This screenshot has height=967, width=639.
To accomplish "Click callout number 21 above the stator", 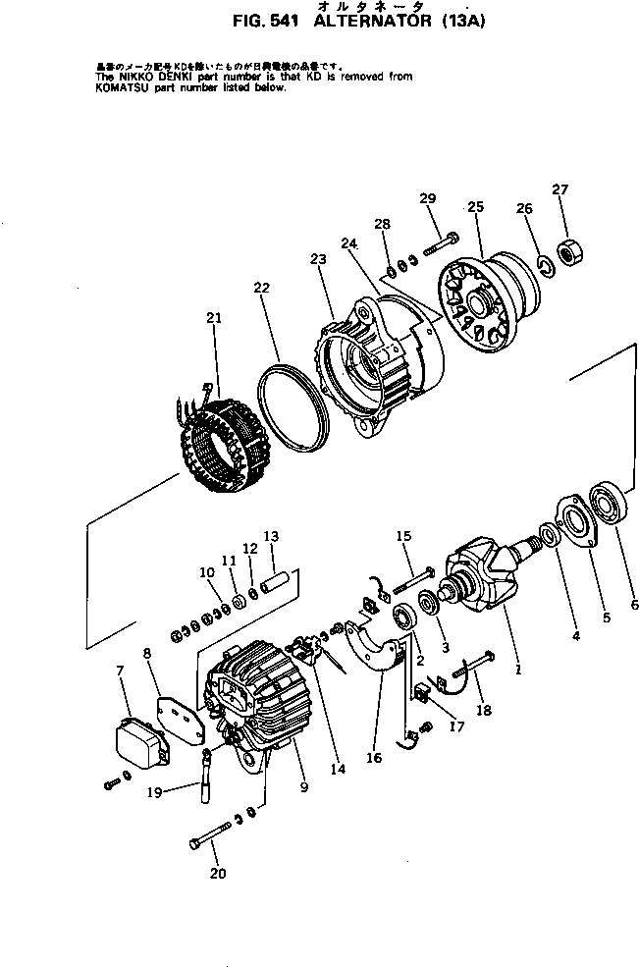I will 214,317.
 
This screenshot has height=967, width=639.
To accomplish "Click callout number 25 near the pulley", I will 475,207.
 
